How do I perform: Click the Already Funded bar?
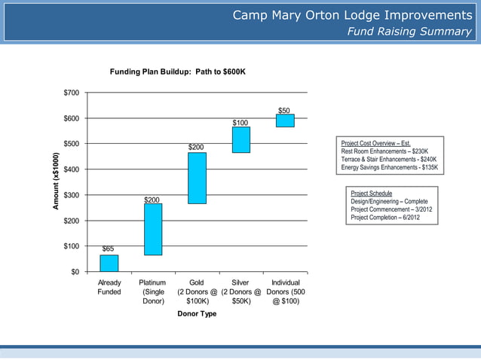tap(109, 263)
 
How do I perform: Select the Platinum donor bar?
tap(153, 229)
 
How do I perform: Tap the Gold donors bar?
tap(197, 178)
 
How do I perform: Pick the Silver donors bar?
tap(241, 139)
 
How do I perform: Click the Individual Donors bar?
tap(285, 121)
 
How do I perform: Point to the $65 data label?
tap(109, 248)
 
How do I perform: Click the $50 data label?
tap(284, 110)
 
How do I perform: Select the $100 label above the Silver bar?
tap(240, 122)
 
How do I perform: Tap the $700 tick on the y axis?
tap(72, 93)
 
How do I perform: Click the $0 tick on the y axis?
tap(76, 272)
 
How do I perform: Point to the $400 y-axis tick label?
tap(72, 169)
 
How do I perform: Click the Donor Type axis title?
tap(197, 313)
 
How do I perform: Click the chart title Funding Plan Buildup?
tap(178, 72)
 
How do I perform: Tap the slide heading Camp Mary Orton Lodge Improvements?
tap(352, 16)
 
